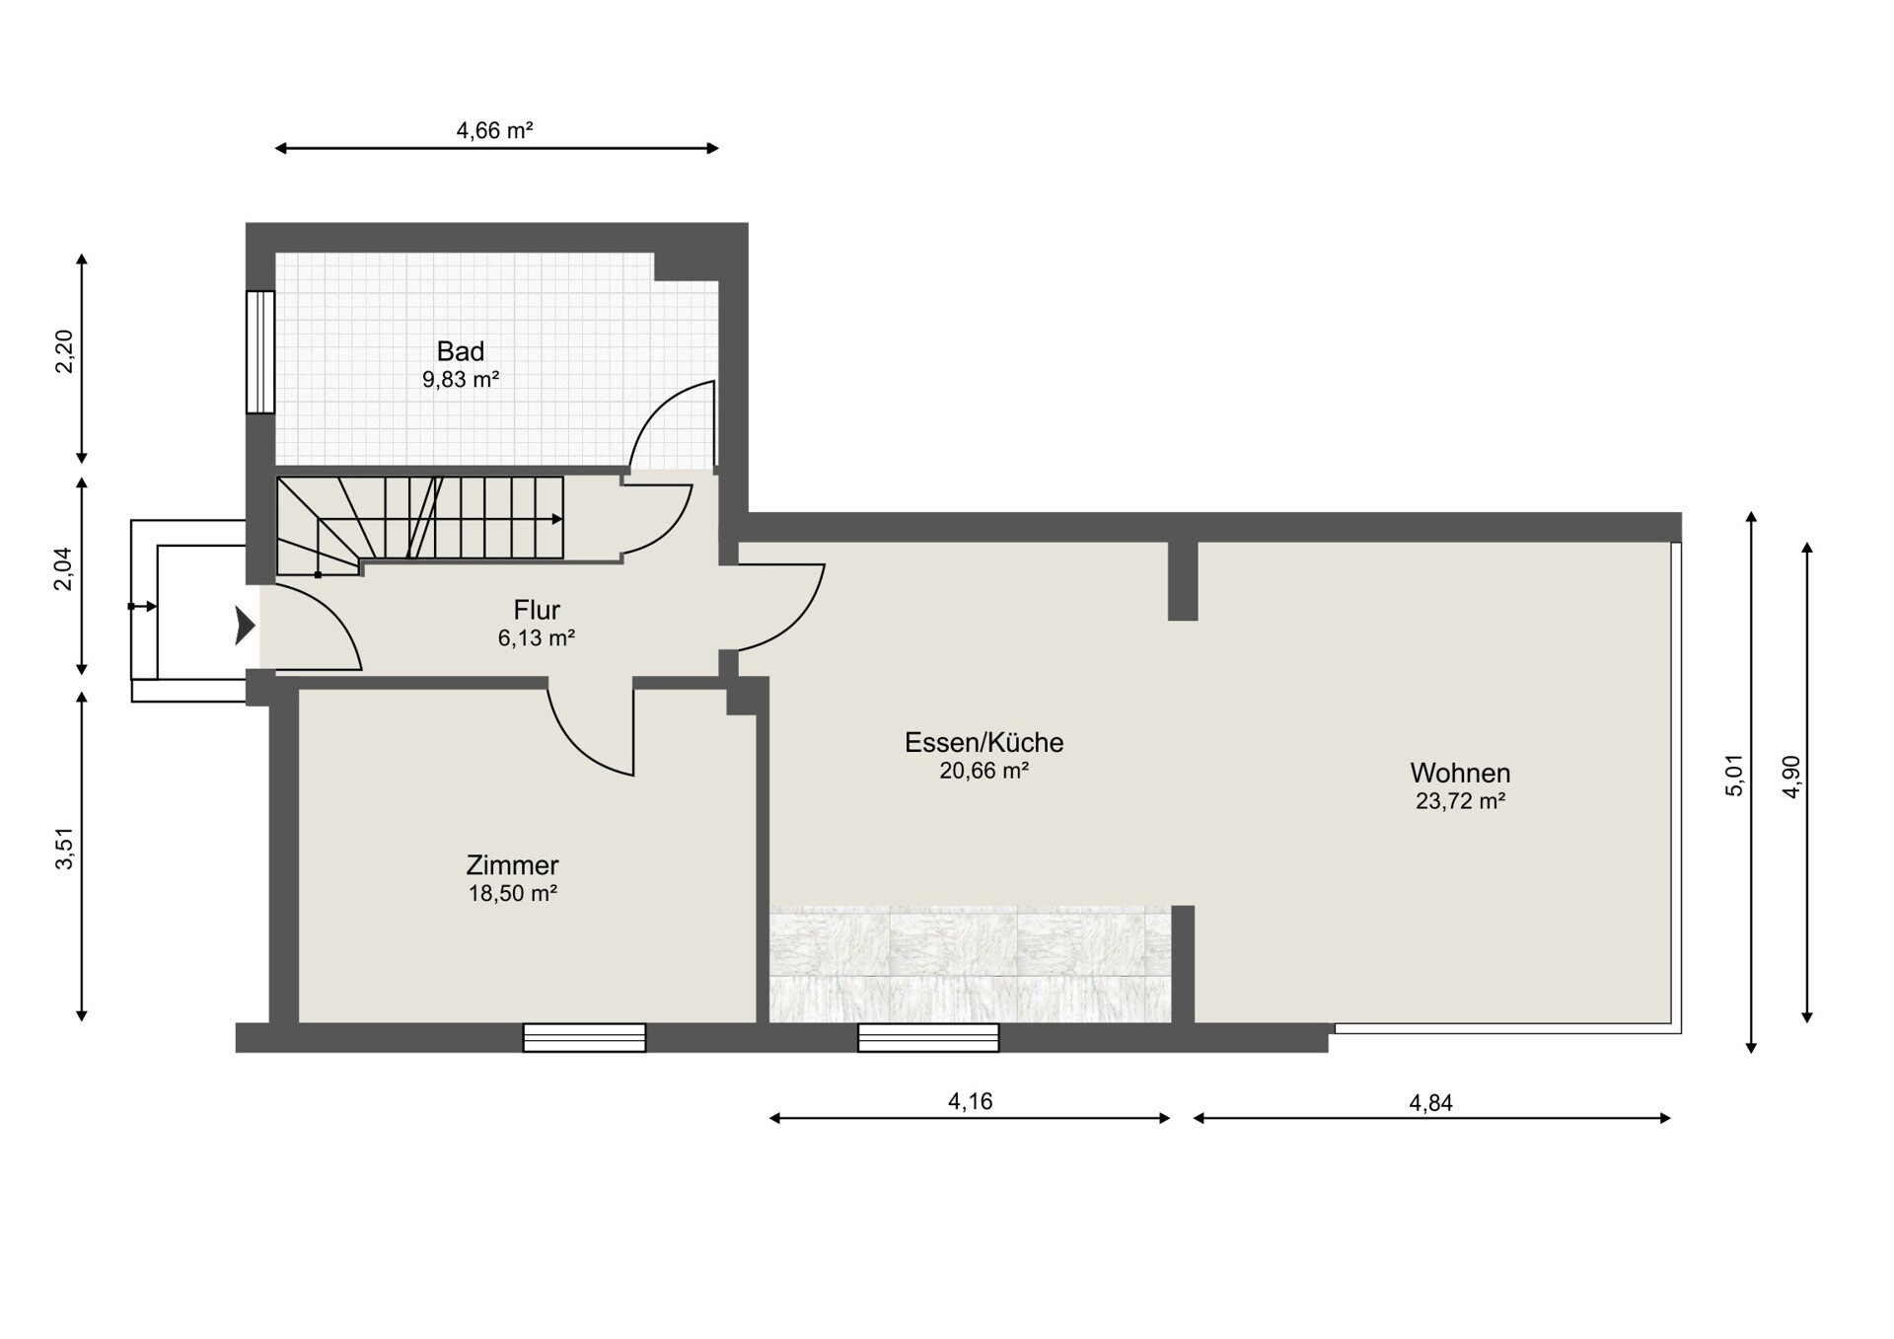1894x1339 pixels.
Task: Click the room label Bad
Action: click(461, 351)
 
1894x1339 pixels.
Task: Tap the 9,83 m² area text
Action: click(461, 379)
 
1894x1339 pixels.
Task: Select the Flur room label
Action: click(537, 610)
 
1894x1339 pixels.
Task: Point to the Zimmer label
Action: click(512, 865)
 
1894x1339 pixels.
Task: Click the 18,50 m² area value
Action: click(513, 894)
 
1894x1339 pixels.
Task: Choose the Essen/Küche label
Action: click(984, 742)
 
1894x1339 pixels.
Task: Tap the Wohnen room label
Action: click(1460, 773)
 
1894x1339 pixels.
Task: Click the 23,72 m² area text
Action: click(1460, 801)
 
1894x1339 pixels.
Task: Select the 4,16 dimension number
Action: click(971, 1102)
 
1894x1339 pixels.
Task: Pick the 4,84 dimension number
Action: click(1431, 1103)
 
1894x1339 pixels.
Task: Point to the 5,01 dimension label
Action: click(1735, 776)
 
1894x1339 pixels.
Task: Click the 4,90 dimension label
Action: click(1791, 777)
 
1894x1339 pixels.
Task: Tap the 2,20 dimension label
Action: click(64, 352)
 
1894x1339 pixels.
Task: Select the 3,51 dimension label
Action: click(64, 849)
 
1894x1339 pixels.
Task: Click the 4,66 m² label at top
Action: click(495, 130)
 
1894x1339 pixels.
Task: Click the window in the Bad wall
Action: click(260, 351)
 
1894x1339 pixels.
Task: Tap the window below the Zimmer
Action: click(584, 1038)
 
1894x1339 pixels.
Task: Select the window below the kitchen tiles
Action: click(928, 1038)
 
